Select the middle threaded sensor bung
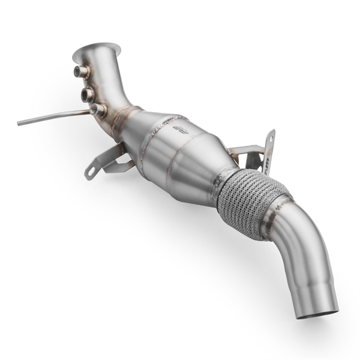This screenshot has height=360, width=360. pyautogui.click(x=88, y=94)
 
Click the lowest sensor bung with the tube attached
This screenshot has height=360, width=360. pyautogui.click(x=97, y=110)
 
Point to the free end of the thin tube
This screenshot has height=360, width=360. pyautogui.click(x=20, y=123)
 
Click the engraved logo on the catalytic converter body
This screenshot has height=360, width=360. pyautogui.click(x=178, y=128)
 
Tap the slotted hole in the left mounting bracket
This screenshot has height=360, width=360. pyautogui.click(x=92, y=171)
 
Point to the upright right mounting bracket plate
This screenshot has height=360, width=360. pyautogui.click(x=268, y=153)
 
